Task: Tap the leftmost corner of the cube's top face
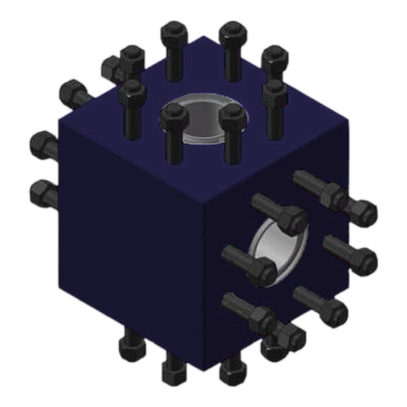[59, 118]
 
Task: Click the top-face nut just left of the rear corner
[174, 33]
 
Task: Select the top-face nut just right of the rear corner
[233, 33]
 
